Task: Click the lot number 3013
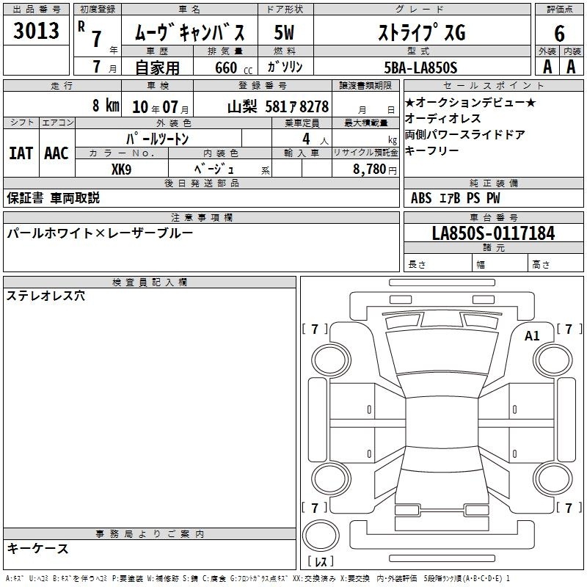click(36, 30)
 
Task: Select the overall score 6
click(559, 33)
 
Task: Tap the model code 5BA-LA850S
click(420, 68)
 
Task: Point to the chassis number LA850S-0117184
click(493, 233)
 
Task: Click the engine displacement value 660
click(226, 68)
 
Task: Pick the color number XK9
click(121, 169)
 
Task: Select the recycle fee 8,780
click(369, 169)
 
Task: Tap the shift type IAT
click(21, 153)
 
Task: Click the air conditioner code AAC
click(56, 153)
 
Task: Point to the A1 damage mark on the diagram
click(532, 336)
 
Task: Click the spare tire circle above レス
click(321, 535)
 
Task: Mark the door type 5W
click(284, 32)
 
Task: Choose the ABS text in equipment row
click(421, 198)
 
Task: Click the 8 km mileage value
click(106, 105)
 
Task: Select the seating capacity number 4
click(306, 139)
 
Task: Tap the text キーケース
click(37, 549)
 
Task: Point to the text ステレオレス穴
click(45, 296)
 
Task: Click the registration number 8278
click(314, 106)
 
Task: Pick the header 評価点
click(560, 10)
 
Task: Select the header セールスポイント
click(493, 86)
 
